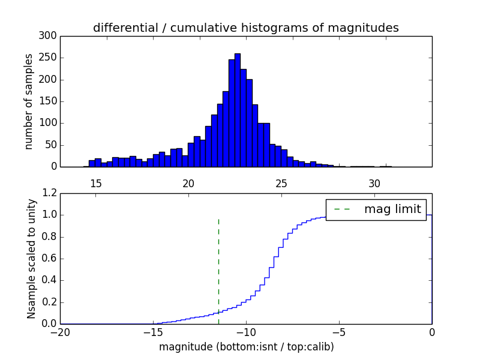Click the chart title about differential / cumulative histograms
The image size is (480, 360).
[x=245, y=28]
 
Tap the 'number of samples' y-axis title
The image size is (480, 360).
[x=29, y=101]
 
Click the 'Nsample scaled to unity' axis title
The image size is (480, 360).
[x=31, y=259]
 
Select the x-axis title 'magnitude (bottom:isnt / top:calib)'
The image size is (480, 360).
[x=246, y=347]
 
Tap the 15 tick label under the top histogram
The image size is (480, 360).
[x=96, y=184]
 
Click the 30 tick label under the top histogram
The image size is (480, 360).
[x=374, y=184]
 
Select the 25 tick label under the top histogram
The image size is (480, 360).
[x=281, y=184]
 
